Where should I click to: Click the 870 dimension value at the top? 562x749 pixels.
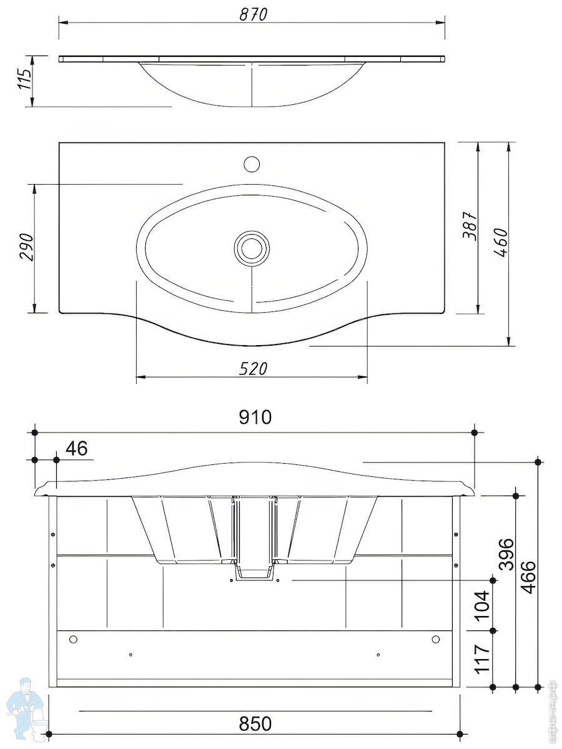tap(253, 14)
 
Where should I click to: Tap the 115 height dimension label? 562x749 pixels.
tap(24, 79)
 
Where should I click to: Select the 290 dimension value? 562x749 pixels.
tap(26, 247)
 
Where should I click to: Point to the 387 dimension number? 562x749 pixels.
tap(469, 226)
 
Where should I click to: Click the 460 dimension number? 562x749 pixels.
tap(500, 243)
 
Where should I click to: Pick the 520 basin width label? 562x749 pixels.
tap(253, 369)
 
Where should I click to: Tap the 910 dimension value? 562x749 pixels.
tap(255, 417)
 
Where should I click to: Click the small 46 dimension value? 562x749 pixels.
tap(76, 448)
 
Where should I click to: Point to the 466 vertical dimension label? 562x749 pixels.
tap(528, 577)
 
